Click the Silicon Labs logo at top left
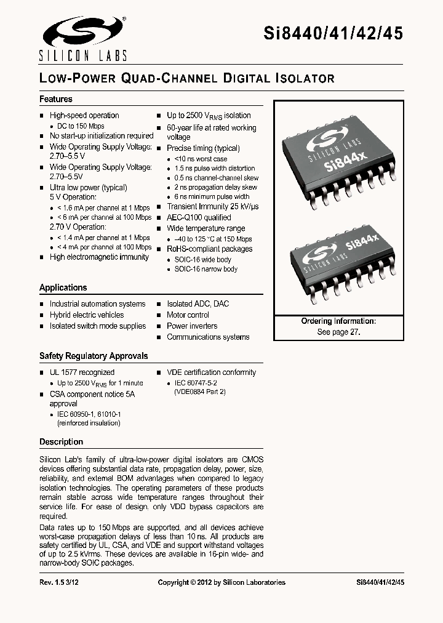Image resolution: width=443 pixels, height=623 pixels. click(x=82, y=38)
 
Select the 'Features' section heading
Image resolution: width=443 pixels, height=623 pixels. click(x=56, y=99)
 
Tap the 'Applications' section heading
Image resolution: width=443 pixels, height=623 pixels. click(x=63, y=287)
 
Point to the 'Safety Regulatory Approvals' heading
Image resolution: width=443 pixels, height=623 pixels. click(x=94, y=356)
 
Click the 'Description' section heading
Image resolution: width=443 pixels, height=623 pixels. click(x=61, y=441)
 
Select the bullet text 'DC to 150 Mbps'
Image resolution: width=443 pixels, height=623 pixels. click(x=81, y=126)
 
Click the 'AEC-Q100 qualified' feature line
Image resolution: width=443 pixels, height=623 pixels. click(x=199, y=217)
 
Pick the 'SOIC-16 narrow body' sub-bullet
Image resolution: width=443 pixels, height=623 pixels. click(x=206, y=269)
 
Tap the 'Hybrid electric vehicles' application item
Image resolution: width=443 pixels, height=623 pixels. click(x=87, y=315)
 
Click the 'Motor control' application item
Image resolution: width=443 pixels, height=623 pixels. click(x=188, y=315)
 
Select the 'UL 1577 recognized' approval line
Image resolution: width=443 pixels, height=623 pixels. click(x=82, y=372)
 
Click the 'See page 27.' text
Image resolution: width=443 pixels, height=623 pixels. click(x=338, y=331)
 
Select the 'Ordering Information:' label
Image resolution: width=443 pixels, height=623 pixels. click(x=338, y=321)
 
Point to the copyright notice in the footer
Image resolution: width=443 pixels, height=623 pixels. click(x=221, y=582)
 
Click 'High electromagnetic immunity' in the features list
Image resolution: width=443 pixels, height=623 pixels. click(x=99, y=257)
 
